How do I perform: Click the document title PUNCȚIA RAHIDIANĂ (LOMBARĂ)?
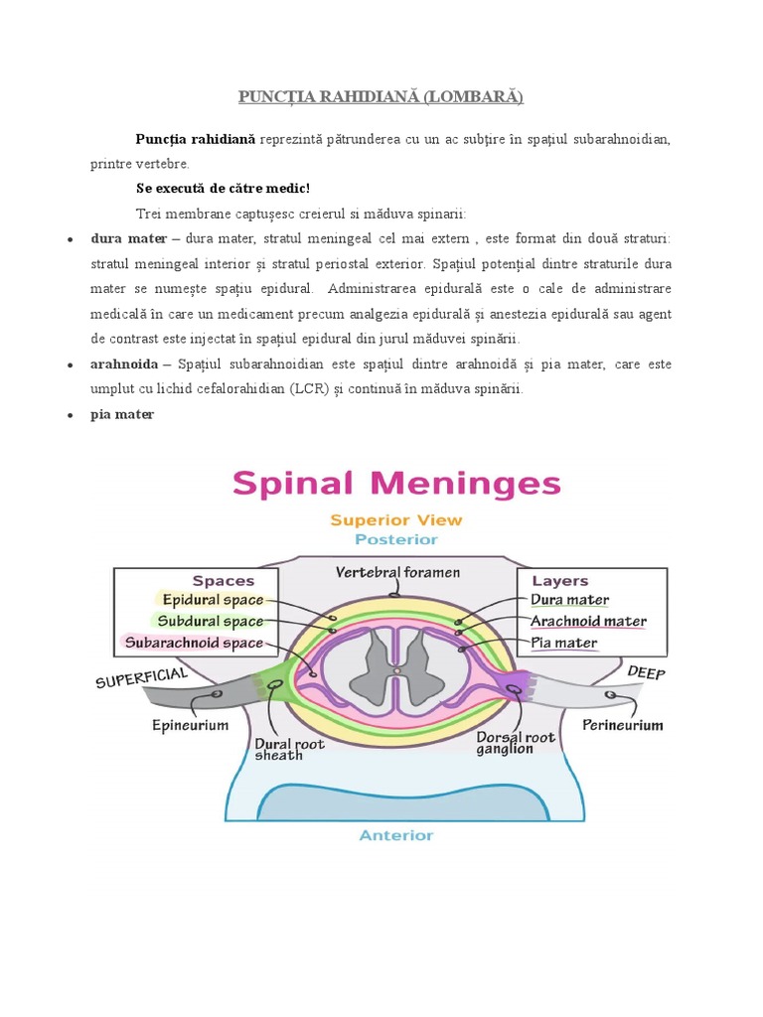pyautogui.click(x=381, y=96)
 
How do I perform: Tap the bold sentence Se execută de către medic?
pyautogui.click(x=223, y=188)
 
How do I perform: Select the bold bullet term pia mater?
pyautogui.click(x=122, y=415)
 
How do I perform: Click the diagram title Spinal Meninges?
pyautogui.click(x=396, y=485)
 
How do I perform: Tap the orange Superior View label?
pyautogui.click(x=395, y=519)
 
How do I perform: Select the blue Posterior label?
pyautogui.click(x=396, y=539)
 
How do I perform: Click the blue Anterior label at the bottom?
pyautogui.click(x=396, y=835)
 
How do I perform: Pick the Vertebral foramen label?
pyautogui.click(x=397, y=573)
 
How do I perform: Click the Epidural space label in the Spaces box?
pyautogui.click(x=213, y=600)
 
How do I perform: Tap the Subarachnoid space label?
pyautogui.click(x=194, y=643)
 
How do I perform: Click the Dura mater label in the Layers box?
pyautogui.click(x=569, y=600)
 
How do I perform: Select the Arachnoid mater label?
pyautogui.click(x=588, y=622)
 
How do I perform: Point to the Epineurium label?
pyautogui.click(x=191, y=725)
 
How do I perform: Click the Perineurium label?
pyautogui.click(x=623, y=725)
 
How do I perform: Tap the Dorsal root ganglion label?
pyautogui.click(x=516, y=743)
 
